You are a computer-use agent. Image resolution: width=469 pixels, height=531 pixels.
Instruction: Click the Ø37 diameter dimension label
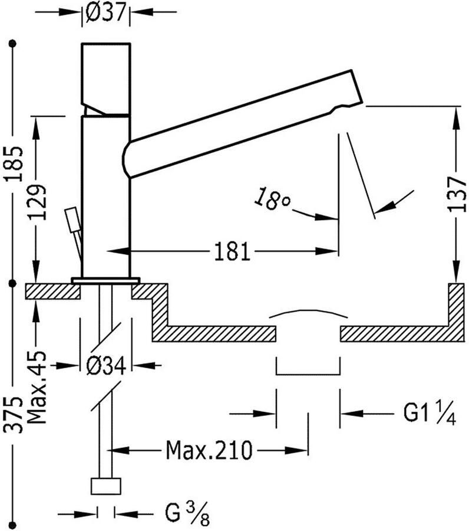106,12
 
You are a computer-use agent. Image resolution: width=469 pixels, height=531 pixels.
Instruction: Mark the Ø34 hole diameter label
106,366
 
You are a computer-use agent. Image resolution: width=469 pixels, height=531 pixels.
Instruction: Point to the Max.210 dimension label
209,451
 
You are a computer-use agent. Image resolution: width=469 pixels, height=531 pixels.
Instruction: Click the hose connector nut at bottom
106,486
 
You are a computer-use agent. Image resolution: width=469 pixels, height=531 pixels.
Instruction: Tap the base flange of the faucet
105,280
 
